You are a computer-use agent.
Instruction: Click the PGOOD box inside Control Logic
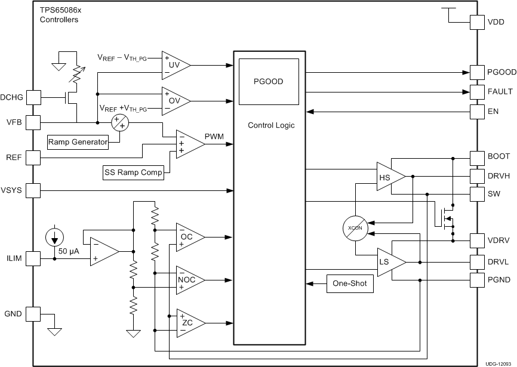[268, 82]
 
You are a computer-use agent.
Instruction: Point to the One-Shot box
[349, 284]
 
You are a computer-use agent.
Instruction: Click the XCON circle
[355, 228]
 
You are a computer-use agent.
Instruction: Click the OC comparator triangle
[188, 237]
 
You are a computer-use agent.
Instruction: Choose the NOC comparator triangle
[188, 280]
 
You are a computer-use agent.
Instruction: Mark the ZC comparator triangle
[188, 323]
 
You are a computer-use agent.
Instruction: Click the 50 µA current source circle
[54, 238]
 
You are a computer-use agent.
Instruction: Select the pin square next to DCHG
[33, 97]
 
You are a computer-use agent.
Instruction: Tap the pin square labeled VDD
[478, 22]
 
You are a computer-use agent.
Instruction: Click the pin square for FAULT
[478, 92]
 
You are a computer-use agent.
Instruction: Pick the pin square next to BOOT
[478, 158]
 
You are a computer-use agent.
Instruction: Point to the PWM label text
[214, 137]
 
